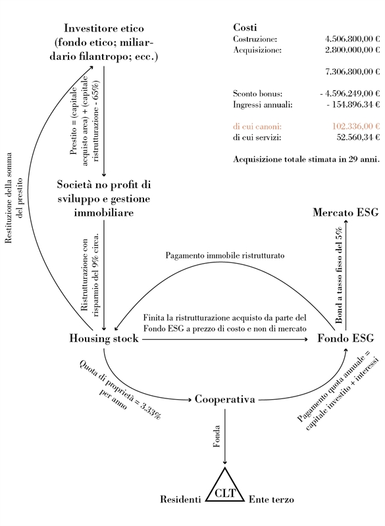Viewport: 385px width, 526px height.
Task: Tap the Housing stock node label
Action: pyautogui.click(x=104, y=338)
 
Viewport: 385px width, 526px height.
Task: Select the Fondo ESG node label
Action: pyautogui.click(x=346, y=338)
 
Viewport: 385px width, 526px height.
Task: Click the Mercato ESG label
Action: pyautogui.click(x=346, y=212)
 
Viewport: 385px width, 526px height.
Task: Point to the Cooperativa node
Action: pyautogui.click(x=225, y=400)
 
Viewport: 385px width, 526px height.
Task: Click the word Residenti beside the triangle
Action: pyautogui.click(x=180, y=500)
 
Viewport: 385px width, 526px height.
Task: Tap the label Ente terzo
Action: pyautogui.click(x=271, y=500)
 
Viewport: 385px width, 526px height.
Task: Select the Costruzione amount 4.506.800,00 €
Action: pyautogui.click(x=352, y=39)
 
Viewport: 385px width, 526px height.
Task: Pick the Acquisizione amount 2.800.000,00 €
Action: pyautogui.click(x=352, y=50)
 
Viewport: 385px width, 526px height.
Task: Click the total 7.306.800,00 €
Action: pyautogui.click(x=352, y=72)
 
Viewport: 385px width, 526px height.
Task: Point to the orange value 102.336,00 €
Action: pyautogui.click(x=356, y=126)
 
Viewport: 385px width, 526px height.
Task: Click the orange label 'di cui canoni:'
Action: pyautogui.click(x=257, y=126)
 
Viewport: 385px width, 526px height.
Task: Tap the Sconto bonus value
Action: pyautogui.click(x=349, y=93)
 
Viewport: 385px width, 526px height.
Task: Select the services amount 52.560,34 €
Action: pyautogui.click(x=358, y=137)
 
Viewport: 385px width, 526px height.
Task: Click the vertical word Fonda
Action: pyautogui.click(x=217, y=436)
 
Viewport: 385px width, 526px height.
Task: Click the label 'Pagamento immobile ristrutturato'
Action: pyautogui.click(x=225, y=256)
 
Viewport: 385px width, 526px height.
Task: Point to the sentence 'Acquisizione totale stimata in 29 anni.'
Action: pyautogui.click(x=307, y=159)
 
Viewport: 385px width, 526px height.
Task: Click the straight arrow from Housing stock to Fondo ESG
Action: pyautogui.click(x=225, y=339)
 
